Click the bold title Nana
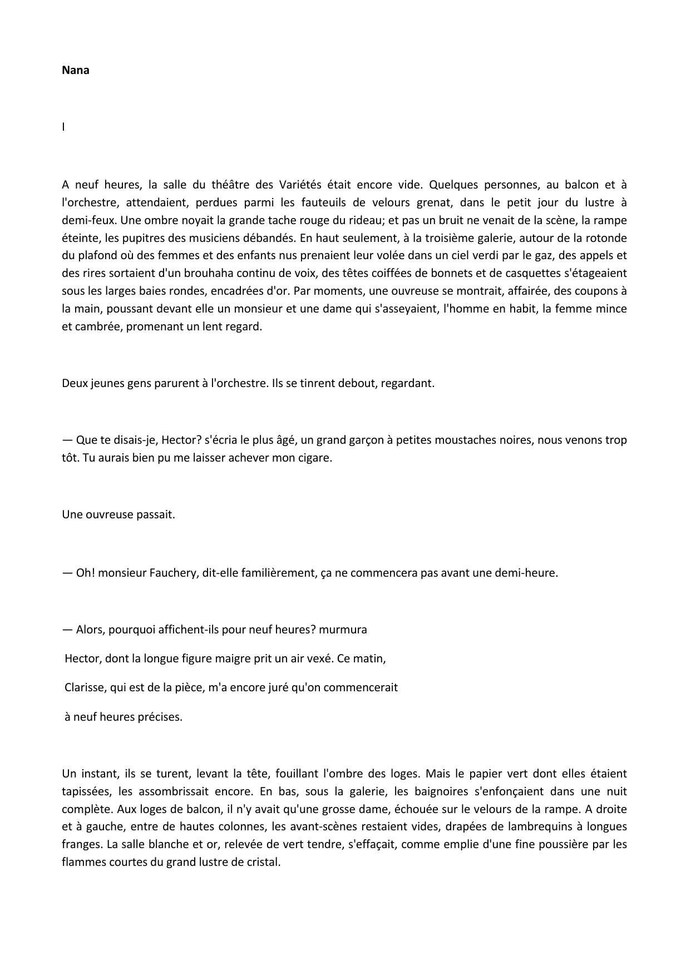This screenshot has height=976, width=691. click(x=76, y=71)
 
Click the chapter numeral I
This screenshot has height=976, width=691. click(x=63, y=127)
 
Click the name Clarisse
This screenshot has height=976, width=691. click(x=85, y=687)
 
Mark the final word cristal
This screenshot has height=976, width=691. click(x=264, y=863)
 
